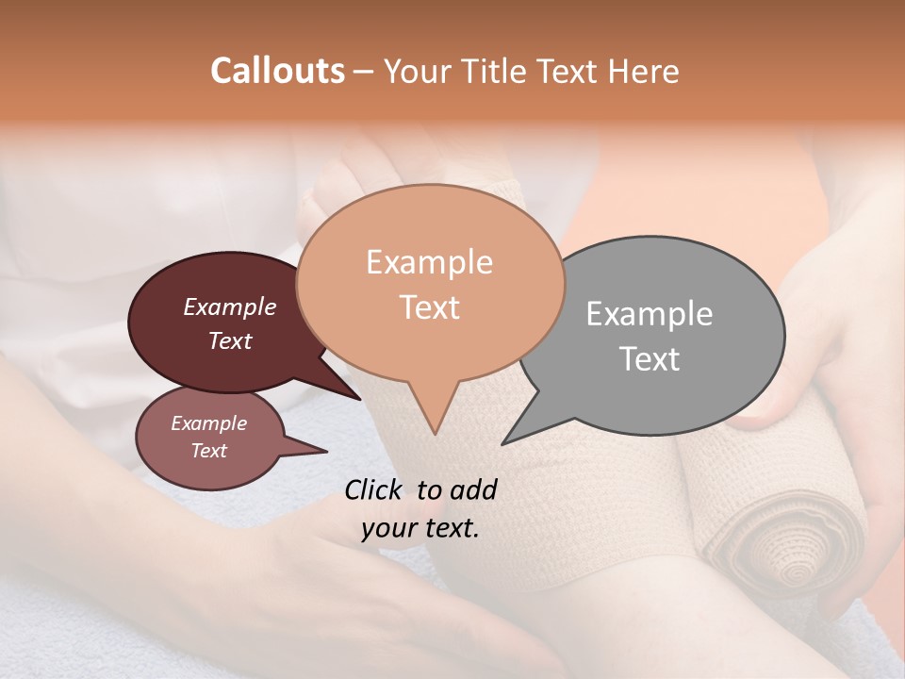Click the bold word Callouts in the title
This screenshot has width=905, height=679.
point(277,71)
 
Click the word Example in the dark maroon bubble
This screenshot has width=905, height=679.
point(229,306)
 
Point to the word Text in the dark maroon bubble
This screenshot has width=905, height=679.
point(229,340)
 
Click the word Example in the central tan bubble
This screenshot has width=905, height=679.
point(429,262)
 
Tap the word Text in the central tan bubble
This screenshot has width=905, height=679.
point(429,307)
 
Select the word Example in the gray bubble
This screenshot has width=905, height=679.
point(649,313)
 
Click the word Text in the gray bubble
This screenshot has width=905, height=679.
point(649,358)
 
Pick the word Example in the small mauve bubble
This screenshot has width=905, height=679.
point(208,423)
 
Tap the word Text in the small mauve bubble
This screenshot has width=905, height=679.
point(208,451)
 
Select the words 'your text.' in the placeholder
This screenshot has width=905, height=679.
point(420,528)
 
